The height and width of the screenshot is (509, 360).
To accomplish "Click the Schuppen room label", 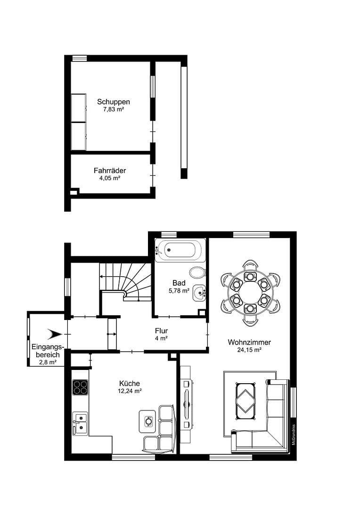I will click(114, 101).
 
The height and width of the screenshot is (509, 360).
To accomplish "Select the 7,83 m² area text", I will click(114, 109).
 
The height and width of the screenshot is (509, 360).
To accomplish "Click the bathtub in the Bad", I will click(180, 250).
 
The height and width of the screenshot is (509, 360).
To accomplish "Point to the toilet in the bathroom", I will click(197, 272).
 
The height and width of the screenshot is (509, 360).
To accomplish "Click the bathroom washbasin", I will click(199, 293).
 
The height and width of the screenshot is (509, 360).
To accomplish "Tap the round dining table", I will click(250, 292).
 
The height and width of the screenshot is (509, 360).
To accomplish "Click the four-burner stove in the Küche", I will click(80, 387).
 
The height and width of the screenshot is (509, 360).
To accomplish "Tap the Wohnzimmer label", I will click(249, 342).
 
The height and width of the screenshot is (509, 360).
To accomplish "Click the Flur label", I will click(161, 331).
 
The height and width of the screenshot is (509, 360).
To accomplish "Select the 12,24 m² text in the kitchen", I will click(130, 391).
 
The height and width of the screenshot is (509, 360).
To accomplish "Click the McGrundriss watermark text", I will click(293, 432).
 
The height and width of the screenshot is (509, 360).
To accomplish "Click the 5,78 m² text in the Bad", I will click(179, 291).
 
